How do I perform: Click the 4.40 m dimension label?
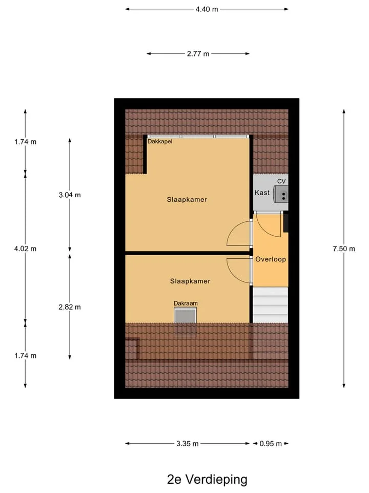[207, 9]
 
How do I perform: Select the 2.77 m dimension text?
[198, 54]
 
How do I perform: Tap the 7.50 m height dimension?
[344, 249]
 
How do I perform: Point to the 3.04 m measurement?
[70, 195]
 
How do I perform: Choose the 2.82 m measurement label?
[70, 307]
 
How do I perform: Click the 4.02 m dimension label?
[26, 249]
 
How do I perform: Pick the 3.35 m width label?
[188, 444]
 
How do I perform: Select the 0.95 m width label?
[271, 444]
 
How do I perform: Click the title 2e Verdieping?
[207, 480]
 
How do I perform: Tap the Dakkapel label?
[160, 142]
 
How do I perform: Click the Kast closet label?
[262, 193]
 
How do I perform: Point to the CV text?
[281, 181]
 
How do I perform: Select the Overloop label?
[271, 259]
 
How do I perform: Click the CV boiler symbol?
[281, 194]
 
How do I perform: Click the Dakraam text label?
[186, 304]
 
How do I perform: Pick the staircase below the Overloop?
[271, 305]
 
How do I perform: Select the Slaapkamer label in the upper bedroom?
[187, 200]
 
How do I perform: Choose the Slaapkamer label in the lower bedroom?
[190, 281]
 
